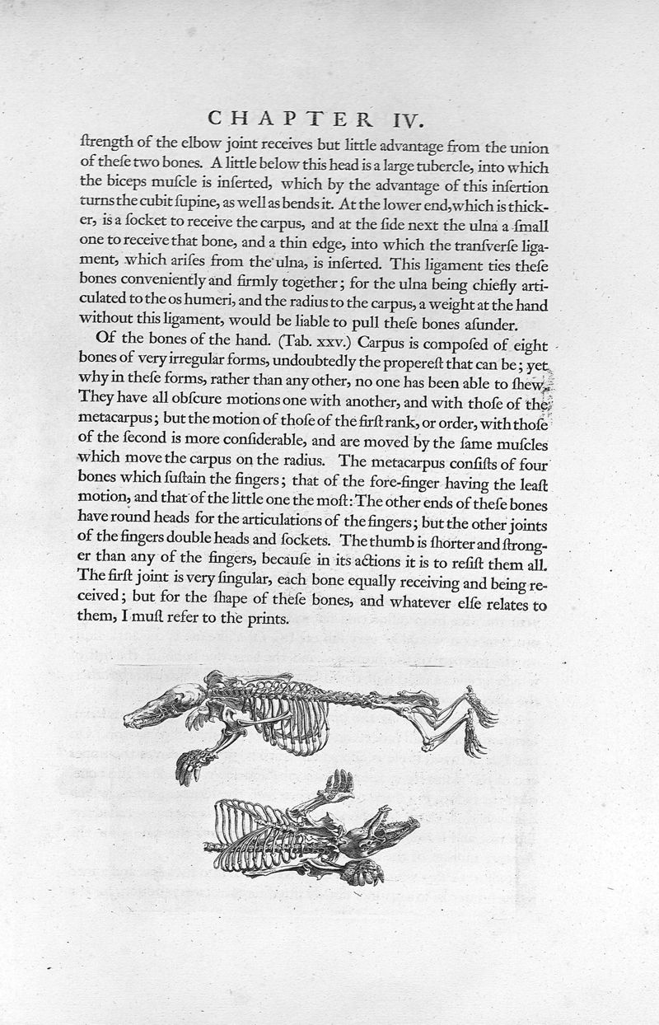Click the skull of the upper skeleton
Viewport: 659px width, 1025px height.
(161, 705)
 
